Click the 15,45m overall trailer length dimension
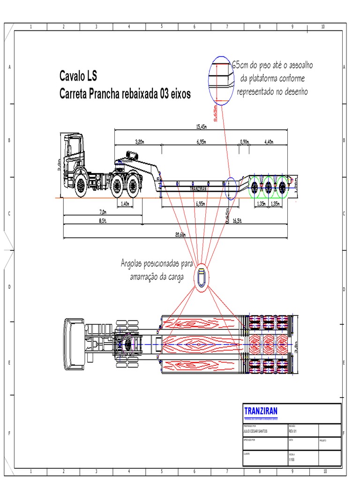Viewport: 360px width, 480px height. pyautogui.click(x=202, y=126)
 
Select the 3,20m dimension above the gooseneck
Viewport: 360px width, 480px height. pyautogui.click(x=139, y=141)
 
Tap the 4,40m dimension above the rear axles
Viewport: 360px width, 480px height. pyautogui.click(x=270, y=141)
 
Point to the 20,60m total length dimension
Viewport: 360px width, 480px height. pyautogui.click(x=180, y=234)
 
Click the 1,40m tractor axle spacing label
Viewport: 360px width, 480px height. pyautogui.click(x=125, y=204)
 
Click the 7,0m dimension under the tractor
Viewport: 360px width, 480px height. pyautogui.click(x=104, y=212)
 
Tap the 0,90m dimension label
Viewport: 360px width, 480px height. pyautogui.click(x=244, y=141)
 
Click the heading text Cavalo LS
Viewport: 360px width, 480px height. pyautogui.click(x=78, y=75)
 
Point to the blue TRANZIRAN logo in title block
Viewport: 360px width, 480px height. pyautogui.click(x=261, y=411)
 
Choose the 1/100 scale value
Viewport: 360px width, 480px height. pyautogui.click(x=292, y=460)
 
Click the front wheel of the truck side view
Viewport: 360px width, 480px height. pyautogui.click(x=81, y=186)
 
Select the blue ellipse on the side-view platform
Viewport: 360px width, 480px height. pyautogui.click(x=231, y=187)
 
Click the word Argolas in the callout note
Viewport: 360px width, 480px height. pyautogui.click(x=133, y=263)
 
